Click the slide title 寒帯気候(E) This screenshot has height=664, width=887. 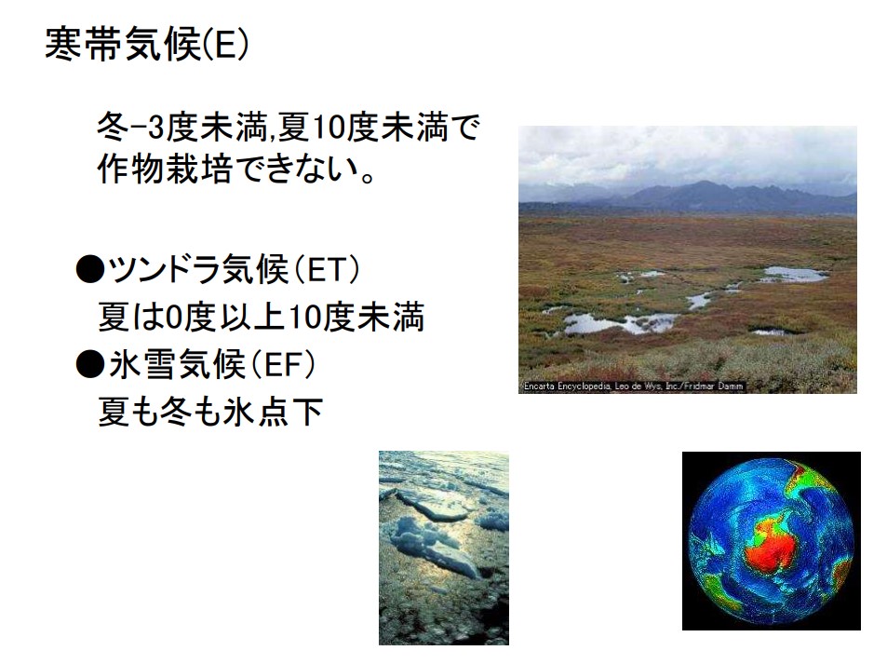click(146, 44)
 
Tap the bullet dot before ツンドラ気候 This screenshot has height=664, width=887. click(90, 269)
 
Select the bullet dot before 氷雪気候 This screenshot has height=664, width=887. click(90, 364)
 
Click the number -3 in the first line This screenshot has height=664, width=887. click(147, 128)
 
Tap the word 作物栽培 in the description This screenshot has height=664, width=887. click(164, 168)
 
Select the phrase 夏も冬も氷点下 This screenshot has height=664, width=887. click(210, 412)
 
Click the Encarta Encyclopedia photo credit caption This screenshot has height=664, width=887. click(633, 386)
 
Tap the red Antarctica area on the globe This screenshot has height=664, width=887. click(773, 545)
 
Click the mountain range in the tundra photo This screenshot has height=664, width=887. click(687, 198)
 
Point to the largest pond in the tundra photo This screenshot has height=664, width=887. click(623, 323)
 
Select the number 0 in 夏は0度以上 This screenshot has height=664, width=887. click(172, 317)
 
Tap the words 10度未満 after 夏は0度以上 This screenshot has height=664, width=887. click(356, 317)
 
